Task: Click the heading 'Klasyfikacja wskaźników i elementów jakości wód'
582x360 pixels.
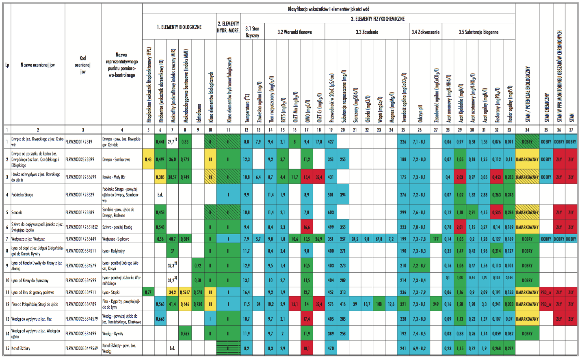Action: tap(328, 9)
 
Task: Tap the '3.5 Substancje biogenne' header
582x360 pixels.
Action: tap(478, 32)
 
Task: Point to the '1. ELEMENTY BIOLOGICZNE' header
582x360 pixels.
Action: tap(179, 27)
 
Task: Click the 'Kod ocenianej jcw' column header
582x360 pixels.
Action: tap(83, 65)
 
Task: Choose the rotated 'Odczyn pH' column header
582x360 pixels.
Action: tap(420, 114)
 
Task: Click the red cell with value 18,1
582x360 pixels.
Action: tap(307, 348)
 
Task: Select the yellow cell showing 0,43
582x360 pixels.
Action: tap(148, 160)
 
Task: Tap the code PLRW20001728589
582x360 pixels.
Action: tap(80, 213)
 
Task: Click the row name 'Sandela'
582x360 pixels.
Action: tap(17, 213)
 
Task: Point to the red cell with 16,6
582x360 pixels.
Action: tap(307, 227)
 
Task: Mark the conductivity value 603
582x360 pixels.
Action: tap(331, 213)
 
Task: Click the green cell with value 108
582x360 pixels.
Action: tap(379, 304)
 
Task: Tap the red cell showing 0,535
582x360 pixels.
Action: tap(496, 213)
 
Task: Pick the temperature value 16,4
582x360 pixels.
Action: tap(246, 292)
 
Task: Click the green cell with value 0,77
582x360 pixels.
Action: tap(148, 292)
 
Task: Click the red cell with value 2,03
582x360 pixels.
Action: tap(460, 177)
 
